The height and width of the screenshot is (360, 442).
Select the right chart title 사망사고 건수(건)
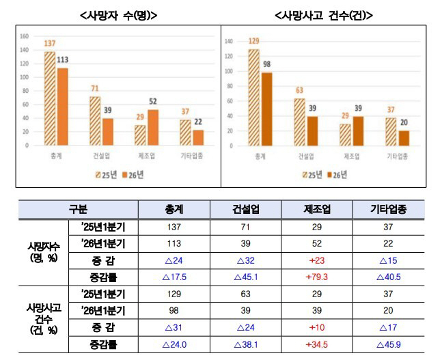327,14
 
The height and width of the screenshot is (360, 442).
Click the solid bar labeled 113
63,107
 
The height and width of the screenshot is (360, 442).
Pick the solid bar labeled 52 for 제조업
154,128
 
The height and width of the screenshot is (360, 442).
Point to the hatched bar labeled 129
253,96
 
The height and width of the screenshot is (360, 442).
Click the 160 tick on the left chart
24,36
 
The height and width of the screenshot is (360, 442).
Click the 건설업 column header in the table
246,209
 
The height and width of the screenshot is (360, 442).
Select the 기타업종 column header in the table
388,209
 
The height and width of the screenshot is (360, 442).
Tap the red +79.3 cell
317,277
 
